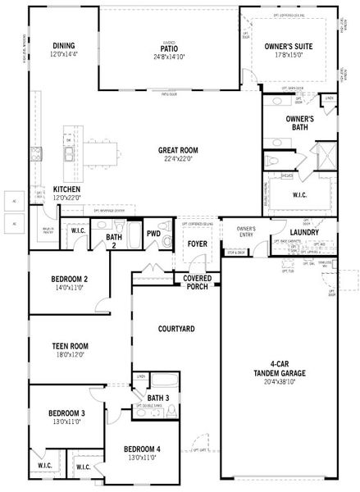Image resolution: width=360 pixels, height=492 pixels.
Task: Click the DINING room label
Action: coord(64,45)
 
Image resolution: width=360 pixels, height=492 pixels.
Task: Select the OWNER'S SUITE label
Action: coord(289,48)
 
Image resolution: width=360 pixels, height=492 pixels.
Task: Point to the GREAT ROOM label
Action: coord(180,151)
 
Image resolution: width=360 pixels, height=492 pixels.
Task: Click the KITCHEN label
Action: coord(66,189)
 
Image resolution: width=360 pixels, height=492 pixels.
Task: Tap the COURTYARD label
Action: coord(175,329)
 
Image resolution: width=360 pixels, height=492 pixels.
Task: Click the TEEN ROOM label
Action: coord(70,346)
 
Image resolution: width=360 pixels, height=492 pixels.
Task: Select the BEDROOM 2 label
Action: coord(70,279)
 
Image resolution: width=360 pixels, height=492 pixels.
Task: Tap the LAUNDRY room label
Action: coord(304,233)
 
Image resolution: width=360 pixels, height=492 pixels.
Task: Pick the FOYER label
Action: coord(197,244)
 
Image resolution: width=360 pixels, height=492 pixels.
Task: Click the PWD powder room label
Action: coord(153,234)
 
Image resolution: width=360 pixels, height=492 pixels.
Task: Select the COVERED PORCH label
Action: coord(197,283)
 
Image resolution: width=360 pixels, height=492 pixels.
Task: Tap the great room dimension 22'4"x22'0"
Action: coord(180,159)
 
